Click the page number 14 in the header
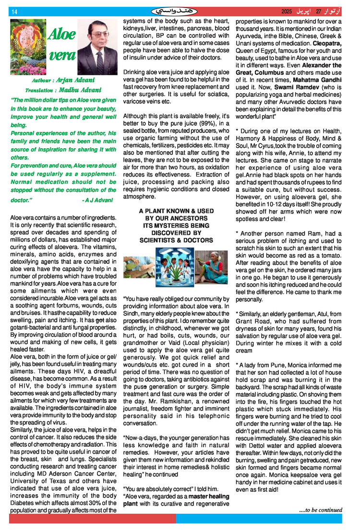(x=14, y=11)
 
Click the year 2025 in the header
(x=287, y=11)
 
